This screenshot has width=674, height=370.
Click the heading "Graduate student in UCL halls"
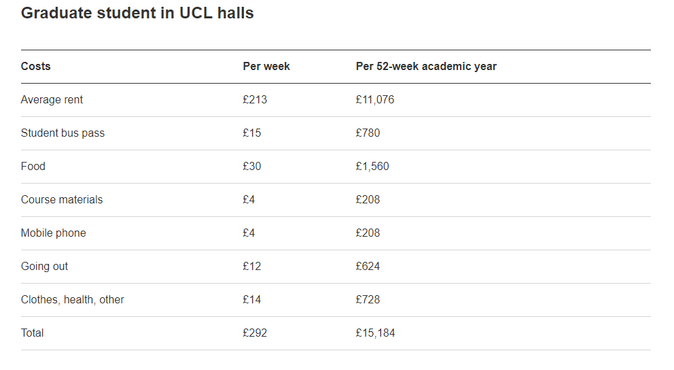point(137,13)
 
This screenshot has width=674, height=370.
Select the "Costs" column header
point(35,67)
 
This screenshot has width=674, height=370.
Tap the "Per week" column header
point(266,67)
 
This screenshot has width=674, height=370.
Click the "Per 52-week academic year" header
point(426,67)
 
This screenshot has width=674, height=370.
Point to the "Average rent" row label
point(52,100)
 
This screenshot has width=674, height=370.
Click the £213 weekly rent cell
point(255,100)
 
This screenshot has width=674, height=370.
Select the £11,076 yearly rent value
point(374,100)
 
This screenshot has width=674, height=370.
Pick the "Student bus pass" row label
point(63,133)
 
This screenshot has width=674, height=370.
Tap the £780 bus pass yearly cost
point(368,133)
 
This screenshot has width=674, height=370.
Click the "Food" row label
point(33,167)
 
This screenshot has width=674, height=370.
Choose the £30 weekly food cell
point(251,167)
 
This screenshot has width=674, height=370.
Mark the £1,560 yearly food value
point(372,167)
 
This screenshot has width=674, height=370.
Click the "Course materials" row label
point(62,200)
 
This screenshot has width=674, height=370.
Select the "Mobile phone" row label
point(53,233)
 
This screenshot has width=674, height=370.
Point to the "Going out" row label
point(44,267)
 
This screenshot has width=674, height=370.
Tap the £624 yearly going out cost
point(368,267)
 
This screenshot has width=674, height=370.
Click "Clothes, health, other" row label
point(72,300)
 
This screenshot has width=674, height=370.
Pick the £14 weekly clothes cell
point(251,300)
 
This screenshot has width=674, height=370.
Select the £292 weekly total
point(255,333)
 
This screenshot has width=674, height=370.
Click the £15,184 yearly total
point(375,333)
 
